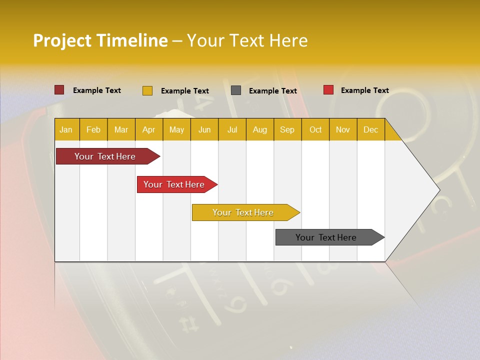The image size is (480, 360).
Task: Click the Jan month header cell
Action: [x=66, y=129]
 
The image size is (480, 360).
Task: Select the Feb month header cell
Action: [x=93, y=129]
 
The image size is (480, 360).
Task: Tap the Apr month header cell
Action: [x=149, y=129]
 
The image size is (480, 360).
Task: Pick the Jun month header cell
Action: [x=204, y=129]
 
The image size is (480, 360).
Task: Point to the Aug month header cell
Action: [x=260, y=129]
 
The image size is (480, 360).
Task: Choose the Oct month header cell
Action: [x=315, y=129]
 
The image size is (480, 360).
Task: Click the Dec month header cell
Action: [x=371, y=129]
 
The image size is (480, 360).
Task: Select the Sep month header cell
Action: [x=287, y=129]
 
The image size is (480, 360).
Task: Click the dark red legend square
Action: [x=59, y=90]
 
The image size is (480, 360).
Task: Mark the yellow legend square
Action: [x=147, y=90]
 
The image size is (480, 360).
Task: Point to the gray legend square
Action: [x=236, y=90]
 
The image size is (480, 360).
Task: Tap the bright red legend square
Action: [x=328, y=90]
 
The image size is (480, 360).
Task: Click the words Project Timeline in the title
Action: [x=100, y=40]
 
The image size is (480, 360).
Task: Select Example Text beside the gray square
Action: [x=273, y=91]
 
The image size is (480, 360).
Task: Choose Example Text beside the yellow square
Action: [x=185, y=91]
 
